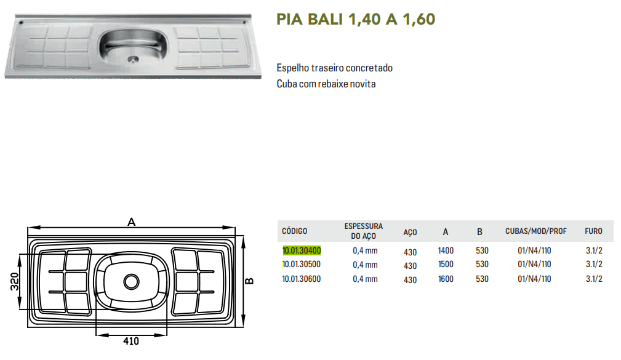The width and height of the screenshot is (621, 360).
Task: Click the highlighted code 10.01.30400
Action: pyautogui.click(x=302, y=250)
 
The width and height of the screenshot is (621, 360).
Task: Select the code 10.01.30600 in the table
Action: pyautogui.click(x=302, y=279)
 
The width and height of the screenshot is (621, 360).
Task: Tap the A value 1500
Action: pyautogui.click(x=446, y=264)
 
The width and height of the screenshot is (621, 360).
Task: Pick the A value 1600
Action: pyautogui.click(x=446, y=279)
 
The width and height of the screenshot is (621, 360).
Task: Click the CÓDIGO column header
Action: pyautogui.click(x=294, y=231)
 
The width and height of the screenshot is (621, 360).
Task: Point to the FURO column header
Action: pyautogui.click(x=593, y=231)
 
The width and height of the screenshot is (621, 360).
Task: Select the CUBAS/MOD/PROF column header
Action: pyautogui.click(x=536, y=231)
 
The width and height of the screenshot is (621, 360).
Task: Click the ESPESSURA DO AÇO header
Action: pyautogui.click(x=364, y=231)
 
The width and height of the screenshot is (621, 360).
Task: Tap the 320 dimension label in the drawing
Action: pyautogui.click(x=14, y=282)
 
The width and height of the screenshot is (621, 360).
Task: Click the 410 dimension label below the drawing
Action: pyautogui.click(x=131, y=341)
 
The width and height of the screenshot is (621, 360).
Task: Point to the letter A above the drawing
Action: pyautogui.click(x=132, y=222)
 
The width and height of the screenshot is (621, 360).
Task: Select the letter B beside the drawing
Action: pyautogui.click(x=249, y=281)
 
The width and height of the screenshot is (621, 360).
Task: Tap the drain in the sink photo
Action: pyautogui.click(x=133, y=60)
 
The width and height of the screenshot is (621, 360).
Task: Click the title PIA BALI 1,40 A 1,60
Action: pyautogui.click(x=356, y=19)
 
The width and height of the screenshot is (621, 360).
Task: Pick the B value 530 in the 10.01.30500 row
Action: pyautogui.click(x=482, y=264)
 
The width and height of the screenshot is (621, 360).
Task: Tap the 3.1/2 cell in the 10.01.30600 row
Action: pyautogui.click(x=594, y=279)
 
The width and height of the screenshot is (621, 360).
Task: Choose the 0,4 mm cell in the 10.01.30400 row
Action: pyautogui.click(x=365, y=250)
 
